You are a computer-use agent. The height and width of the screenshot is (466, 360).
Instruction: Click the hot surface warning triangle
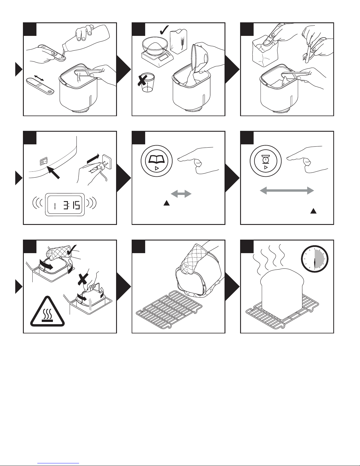click(47, 312)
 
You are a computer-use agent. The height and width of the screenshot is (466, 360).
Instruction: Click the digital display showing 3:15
click(65, 205)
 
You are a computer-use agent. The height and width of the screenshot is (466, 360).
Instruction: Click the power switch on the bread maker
click(43, 161)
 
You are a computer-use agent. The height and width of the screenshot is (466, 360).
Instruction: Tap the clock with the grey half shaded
click(314, 259)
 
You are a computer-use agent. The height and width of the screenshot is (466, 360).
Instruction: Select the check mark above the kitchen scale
click(164, 30)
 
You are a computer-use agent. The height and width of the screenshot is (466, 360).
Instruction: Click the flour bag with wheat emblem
click(178, 41)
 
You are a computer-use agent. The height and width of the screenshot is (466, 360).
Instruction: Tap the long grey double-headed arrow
click(287, 191)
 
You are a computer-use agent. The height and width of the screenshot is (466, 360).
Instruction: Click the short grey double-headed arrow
click(181, 194)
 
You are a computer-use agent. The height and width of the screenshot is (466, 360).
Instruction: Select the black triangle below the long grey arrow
click(314, 211)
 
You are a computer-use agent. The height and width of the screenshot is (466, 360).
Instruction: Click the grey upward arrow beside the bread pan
click(90, 304)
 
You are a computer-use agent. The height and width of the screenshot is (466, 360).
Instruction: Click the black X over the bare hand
click(83, 279)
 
